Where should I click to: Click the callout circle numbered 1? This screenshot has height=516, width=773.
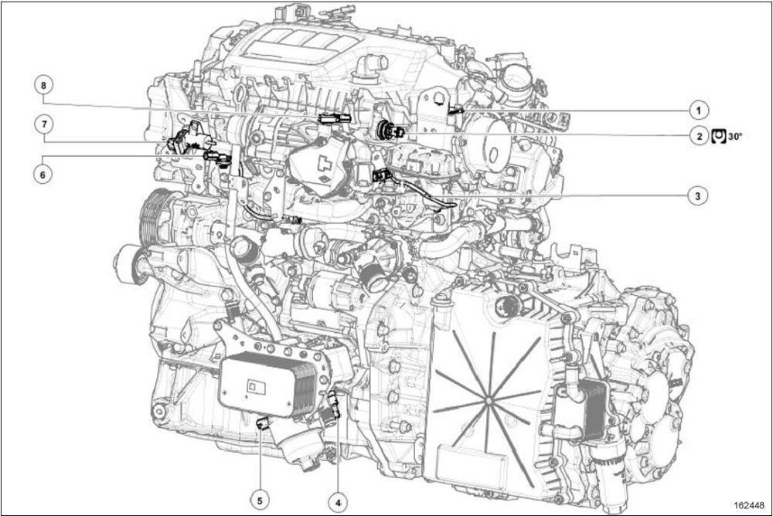[698, 110]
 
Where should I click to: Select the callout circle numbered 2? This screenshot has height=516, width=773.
[698, 136]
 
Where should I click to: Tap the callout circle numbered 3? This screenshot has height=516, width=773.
[697, 195]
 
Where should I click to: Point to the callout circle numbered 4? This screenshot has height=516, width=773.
[338, 502]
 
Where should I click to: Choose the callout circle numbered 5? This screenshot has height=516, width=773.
[260, 501]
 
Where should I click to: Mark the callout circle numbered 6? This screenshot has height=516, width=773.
[43, 174]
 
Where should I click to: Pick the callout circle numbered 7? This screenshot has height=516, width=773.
[44, 124]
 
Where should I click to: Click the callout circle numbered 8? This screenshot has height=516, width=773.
[43, 85]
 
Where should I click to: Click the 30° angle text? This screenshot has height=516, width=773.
[734, 137]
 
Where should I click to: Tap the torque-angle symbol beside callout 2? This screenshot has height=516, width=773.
[719, 136]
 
